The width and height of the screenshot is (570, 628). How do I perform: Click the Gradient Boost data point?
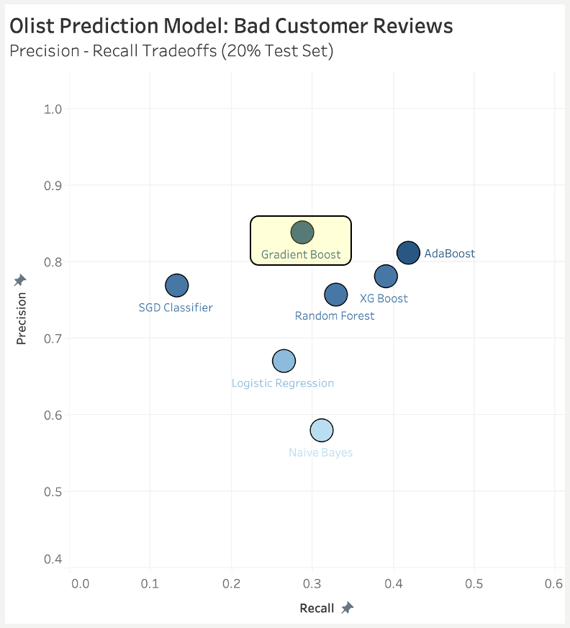[302, 233]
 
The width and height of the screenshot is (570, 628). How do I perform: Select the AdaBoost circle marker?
[408, 253]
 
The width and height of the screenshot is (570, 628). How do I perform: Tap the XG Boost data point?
[386, 276]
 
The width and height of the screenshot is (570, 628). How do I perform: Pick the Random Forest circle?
[336, 294]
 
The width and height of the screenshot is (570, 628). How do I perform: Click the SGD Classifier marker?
[176, 285]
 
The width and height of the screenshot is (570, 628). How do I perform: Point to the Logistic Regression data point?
[284, 361]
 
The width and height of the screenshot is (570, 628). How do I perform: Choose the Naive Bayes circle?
[322, 431]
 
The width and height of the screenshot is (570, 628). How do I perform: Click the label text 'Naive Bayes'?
[321, 453]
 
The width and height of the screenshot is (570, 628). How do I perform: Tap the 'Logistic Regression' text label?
[283, 383]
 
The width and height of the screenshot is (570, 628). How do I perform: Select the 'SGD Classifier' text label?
[176, 308]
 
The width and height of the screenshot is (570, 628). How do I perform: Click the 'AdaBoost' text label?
[450, 254]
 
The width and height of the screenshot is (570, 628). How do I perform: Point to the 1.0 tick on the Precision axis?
[53, 109]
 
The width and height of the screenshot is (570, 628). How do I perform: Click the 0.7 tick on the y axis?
[53, 338]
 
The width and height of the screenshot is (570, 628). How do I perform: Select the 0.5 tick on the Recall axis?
[474, 582]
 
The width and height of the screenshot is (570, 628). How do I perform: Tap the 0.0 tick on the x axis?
[80, 582]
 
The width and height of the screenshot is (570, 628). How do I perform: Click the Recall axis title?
[317, 609]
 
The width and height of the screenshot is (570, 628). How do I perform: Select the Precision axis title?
[22, 317]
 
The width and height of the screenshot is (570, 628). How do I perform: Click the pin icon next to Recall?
[347, 609]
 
